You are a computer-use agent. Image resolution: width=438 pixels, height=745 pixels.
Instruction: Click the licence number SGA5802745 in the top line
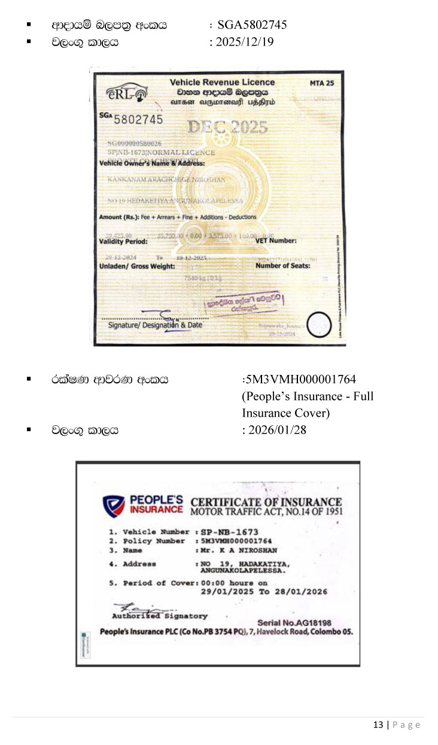click(x=252, y=25)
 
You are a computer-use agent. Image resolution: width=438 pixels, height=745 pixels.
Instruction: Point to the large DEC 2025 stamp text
click(x=228, y=127)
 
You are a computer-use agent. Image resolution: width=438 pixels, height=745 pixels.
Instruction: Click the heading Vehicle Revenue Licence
click(x=222, y=83)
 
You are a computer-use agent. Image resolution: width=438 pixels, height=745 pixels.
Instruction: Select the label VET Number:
click(x=276, y=240)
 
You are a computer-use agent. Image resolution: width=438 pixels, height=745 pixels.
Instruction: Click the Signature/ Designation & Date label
click(x=155, y=325)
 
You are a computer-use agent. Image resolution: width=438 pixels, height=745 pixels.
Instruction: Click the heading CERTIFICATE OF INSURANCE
click(x=266, y=502)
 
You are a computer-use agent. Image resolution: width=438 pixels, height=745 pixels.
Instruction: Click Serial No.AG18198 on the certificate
click(x=294, y=623)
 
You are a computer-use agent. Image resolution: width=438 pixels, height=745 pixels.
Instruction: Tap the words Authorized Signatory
click(x=160, y=616)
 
